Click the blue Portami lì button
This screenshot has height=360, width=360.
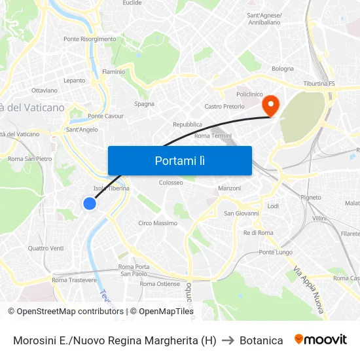click(179, 160)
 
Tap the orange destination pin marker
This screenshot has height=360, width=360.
click(270, 105)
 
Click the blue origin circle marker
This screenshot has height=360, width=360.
click(90, 204)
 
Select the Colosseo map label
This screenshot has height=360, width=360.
click(171, 183)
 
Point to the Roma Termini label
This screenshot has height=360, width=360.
click(213, 135)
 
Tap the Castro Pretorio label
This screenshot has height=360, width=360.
click(225, 106)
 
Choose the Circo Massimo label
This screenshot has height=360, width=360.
click(158, 223)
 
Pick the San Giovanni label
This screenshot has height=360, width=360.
click(242, 213)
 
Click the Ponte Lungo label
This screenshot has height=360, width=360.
click(276, 252)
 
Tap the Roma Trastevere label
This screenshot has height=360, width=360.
click(74, 280)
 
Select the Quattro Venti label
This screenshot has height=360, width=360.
click(46, 248)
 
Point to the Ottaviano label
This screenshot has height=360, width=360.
click(45, 90)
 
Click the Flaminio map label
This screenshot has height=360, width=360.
click(113, 71)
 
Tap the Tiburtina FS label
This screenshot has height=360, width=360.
click(319, 84)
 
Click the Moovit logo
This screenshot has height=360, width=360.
click(320, 340)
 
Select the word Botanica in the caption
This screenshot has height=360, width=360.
click(261, 340)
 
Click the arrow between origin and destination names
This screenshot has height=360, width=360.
click(228, 340)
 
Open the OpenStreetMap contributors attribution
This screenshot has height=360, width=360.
click(69, 312)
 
